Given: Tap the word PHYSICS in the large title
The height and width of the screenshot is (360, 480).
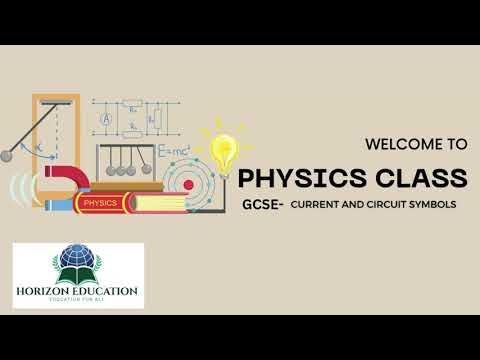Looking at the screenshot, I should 299,178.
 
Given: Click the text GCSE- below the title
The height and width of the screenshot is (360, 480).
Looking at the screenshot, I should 261,204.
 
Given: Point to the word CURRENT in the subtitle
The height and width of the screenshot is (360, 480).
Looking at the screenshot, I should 314,204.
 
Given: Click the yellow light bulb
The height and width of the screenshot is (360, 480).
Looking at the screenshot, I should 224,151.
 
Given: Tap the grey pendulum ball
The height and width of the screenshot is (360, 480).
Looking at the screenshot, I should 7,155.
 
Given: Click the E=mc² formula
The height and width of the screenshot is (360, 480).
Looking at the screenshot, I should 174,152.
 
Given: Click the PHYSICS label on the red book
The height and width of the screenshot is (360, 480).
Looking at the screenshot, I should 99,202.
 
